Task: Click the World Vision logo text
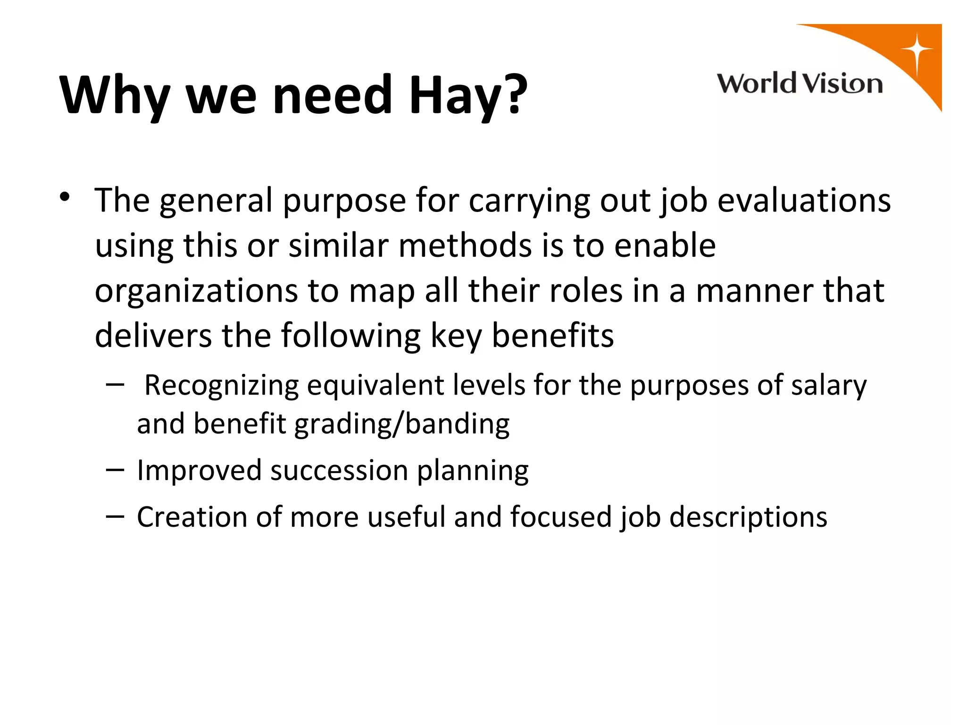(x=799, y=84)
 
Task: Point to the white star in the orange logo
(x=916, y=50)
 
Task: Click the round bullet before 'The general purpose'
(x=65, y=197)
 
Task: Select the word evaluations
(x=804, y=200)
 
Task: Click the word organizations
(x=196, y=291)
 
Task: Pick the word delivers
(x=153, y=336)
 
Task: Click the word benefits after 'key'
(x=553, y=336)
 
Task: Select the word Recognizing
(x=221, y=385)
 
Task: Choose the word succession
(x=339, y=471)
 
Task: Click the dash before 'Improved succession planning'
(x=115, y=470)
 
